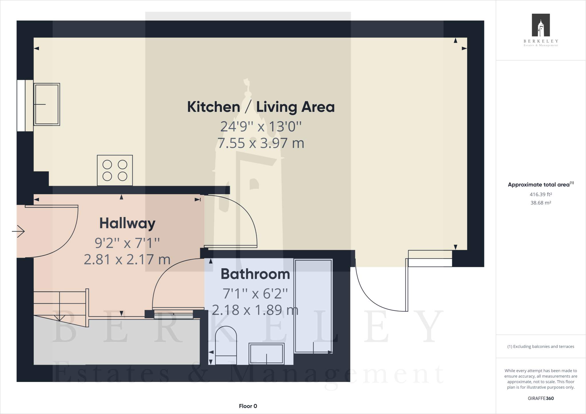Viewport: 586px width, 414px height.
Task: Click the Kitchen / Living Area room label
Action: pyautogui.click(x=261, y=107)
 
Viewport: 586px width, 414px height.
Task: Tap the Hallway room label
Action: pyautogui.click(x=127, y=223)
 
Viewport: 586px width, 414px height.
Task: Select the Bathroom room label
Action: pyautogui.click(x=255, y=274)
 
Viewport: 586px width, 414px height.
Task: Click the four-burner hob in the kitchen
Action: pyautogui.click(x=115, y=170)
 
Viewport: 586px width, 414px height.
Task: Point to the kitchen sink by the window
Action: pyautogui.click(x=47, y=104)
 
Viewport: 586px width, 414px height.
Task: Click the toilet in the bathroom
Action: pyautogui.click(x=226, y=346)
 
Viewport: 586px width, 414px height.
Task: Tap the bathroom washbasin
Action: pyautogui.click(x=266, y=354)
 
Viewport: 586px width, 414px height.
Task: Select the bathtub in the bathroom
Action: pyautogui.click(x=313, y=306)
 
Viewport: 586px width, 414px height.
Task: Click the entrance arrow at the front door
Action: pyautogui.click(x=19, y=231)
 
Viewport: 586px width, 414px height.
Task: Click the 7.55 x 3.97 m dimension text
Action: pyautogui.click(x=261, y=143)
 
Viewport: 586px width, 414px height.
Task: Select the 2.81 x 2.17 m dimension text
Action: pyautogui.click(x=127, y=260)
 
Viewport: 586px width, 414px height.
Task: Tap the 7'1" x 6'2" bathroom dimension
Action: pyautogui.click(x=255, y=294)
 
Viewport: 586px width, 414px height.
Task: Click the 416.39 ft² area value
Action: pyautogui.click(x=541, y=194)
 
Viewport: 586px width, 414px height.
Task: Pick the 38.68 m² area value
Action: pyautogui.click(x=541, y=203)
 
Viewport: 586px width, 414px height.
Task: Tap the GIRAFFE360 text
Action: pyautogui.click(x=541, y=398)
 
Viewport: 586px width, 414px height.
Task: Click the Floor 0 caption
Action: pyautogui.click(x=248, y=406)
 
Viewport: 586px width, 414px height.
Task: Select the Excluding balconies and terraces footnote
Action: pyautogui.click(x=541, y=347)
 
